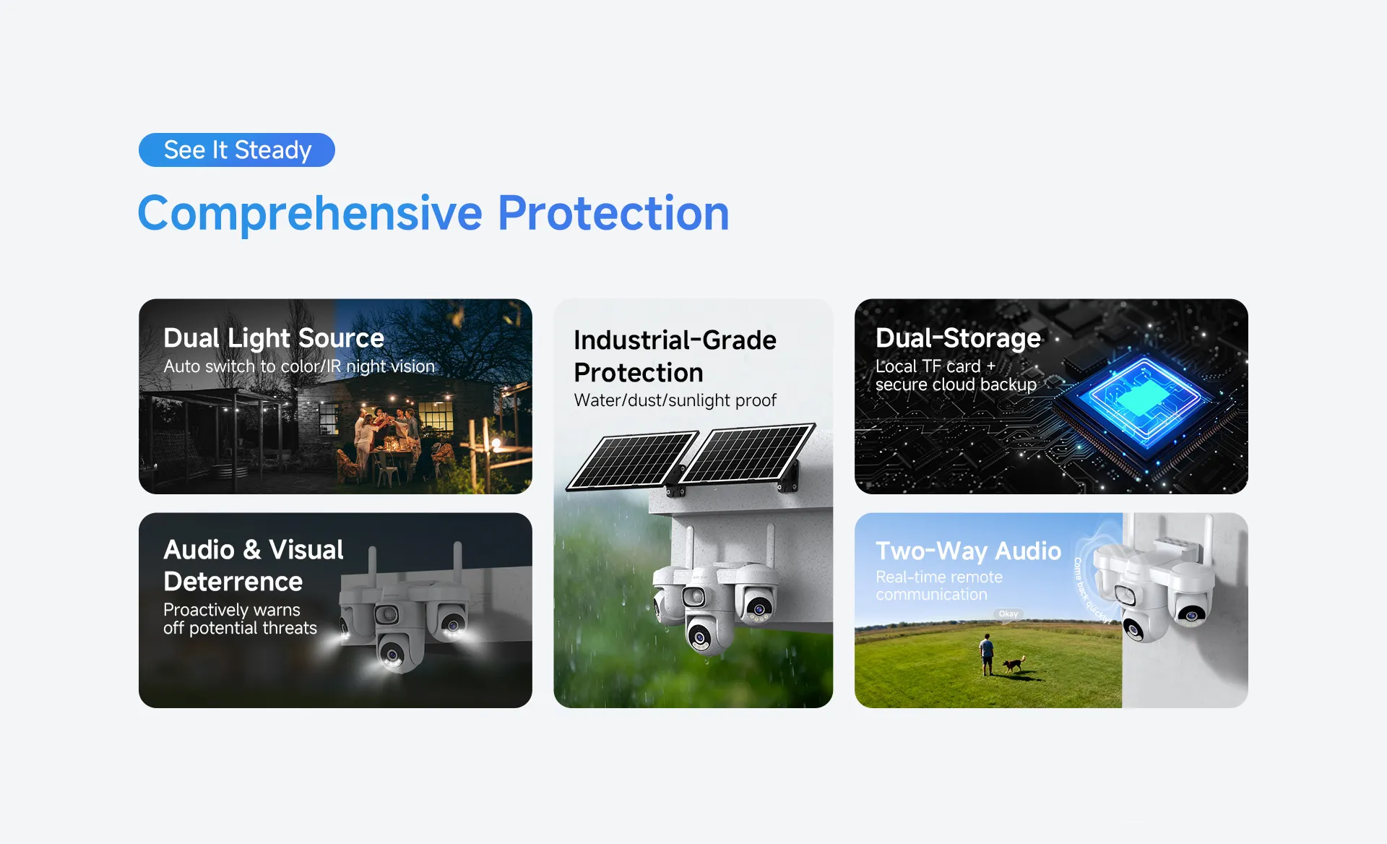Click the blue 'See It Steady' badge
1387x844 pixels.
click(x=237, y=150)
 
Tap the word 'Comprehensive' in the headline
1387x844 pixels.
click(x=310, y=214)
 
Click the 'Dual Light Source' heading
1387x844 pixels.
click(x=274, y=338)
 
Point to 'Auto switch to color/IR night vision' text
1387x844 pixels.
click(x=299, y=366)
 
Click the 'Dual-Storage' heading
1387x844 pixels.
click(x=958, y=338)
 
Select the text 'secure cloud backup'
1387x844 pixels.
click(x=956, y=384)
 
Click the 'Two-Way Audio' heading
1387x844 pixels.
click(x=968, y=551)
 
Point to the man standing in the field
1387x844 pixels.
click(x=986, y=655)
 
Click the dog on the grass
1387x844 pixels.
click(x=1014, y=664)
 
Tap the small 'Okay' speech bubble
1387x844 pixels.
click(x=1008, y=614)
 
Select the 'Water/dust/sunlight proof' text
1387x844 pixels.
click(x=675, y=400)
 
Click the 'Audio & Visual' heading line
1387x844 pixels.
click(x=254, y=550)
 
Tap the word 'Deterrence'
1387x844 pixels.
click(x=233, y=582)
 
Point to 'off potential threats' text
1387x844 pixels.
click(x=240, y=628)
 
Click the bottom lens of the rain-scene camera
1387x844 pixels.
click(x=699, y=637)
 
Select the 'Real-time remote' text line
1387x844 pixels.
click(x=939, y=577)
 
